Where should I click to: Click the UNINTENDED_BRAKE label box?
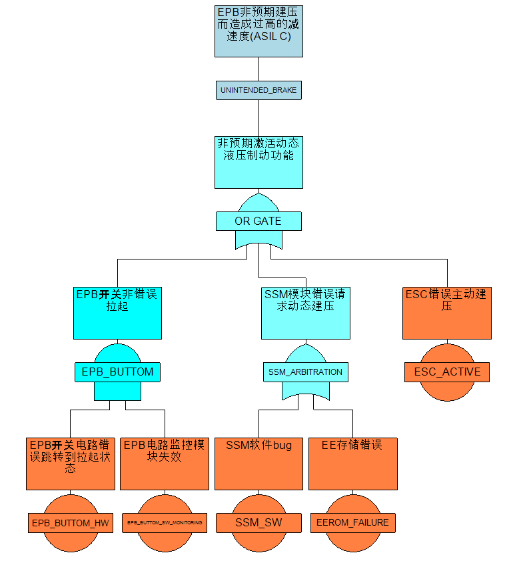[258, 90]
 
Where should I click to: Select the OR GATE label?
[258, 221]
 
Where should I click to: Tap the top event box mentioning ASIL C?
[258, 31]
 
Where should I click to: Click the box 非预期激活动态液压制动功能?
[258, 162]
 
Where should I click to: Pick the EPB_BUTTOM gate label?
[117, 372]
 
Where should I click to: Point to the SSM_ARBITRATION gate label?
[305, 372]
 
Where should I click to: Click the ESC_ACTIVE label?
[447, 372]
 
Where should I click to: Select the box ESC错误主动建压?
[447, 313]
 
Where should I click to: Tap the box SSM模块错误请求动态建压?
[305, 313]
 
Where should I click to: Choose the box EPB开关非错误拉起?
[117, 313]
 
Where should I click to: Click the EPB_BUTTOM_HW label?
[71, 522]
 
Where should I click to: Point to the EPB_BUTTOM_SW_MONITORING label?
[165, 522]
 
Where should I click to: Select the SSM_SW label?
[258, 522]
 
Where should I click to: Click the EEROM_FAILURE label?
[353, 522]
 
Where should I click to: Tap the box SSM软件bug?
[258, 464]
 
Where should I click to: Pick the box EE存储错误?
[353, 464]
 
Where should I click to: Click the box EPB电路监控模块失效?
[165, 464]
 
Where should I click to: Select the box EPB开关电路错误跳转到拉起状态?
[71, 464]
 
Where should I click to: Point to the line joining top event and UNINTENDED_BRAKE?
[258, 69]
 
